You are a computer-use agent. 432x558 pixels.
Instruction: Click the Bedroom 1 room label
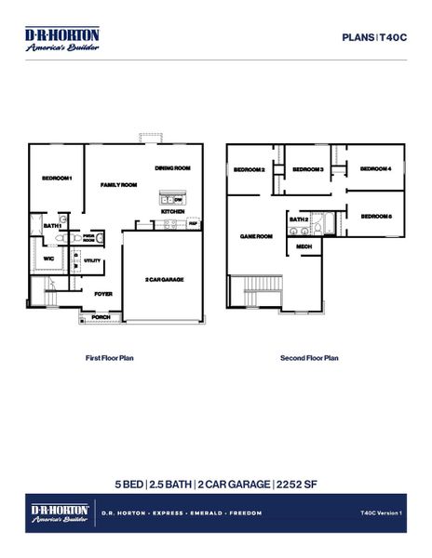(x=56, y=178)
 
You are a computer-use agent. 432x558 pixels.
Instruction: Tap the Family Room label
(x=118, y=185)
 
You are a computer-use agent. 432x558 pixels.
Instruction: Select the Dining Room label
(x=172, y=168)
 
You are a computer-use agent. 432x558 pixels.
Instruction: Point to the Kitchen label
(x=172, y=212)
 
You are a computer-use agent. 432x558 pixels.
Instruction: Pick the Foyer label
(x=103, y=293)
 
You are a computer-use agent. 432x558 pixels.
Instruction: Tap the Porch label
(x=100, y=317)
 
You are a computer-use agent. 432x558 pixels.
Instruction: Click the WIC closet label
(x=47, y=259)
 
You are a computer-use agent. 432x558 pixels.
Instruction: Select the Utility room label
(x=92, y=261)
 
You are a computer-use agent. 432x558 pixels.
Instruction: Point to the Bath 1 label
(x=52, y=226)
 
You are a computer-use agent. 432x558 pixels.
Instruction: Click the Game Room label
(x=256, y=236)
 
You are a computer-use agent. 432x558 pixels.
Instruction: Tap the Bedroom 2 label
(x=250, y=170)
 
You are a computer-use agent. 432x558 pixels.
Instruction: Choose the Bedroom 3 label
(x=308, y=170)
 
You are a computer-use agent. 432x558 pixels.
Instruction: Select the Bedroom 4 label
(x=375, y=168)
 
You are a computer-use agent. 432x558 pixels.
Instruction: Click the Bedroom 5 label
(x=375, y=216)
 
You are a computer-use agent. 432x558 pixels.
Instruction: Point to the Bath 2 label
(x=299, y=220)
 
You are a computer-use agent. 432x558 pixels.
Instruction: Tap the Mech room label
(x=304, y=246)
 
